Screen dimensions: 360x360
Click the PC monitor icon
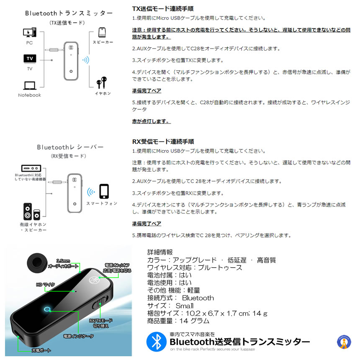(x=29, y=32)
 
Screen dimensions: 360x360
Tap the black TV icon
(x=29, y=58)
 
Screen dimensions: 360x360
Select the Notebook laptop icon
(x=29, y=85)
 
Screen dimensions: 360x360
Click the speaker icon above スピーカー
(x=102, y=33)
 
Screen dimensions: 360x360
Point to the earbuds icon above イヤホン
(x=102, y=82)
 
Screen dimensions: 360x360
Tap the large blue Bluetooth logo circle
(x=156, y=342)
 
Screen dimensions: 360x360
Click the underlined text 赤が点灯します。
(x=151, y=121)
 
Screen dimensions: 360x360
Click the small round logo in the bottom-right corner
(x=344, y=342)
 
